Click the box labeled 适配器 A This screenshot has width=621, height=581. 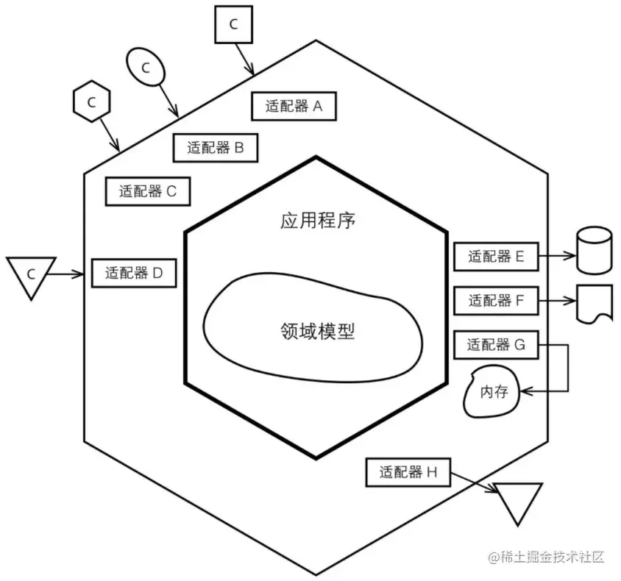294,106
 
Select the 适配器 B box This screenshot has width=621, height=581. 215,147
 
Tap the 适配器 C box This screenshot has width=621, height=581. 148,191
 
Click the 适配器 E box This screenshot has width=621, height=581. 496,257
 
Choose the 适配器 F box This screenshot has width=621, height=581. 496,300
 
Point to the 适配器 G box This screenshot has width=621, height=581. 496,343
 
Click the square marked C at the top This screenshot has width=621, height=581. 233,24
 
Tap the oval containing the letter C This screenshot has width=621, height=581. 145,68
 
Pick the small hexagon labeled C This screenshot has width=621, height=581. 92,102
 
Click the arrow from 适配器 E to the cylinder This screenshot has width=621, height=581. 556,257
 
